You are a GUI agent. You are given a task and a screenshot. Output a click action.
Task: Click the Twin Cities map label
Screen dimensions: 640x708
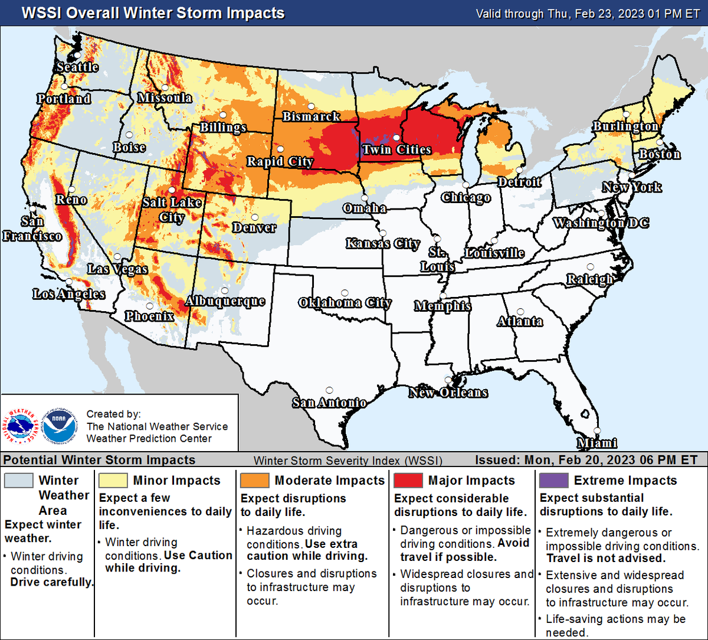point(396,149)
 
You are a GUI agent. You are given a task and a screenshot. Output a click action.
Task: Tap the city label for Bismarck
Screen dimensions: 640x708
point(311,116)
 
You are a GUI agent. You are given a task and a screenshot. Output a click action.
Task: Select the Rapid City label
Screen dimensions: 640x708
point(280,161)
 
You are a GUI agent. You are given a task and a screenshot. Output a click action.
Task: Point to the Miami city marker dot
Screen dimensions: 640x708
point(597,431)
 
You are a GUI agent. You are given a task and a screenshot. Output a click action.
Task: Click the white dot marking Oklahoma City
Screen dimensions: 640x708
point(345,292)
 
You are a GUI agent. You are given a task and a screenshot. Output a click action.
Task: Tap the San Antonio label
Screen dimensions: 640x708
point(329,403)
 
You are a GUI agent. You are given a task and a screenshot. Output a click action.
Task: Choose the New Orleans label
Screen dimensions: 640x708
point(448,393)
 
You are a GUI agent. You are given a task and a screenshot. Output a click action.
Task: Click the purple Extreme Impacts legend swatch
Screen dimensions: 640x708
point(553,480)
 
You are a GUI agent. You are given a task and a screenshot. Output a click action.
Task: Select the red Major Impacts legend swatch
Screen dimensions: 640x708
point(408,480)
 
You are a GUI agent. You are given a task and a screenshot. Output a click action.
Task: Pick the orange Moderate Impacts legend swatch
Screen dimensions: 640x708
point(255,480)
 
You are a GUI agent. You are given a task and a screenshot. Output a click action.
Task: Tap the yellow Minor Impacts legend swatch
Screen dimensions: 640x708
point(113,480)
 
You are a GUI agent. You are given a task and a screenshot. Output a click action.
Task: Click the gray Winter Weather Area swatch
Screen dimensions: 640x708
point(19,480)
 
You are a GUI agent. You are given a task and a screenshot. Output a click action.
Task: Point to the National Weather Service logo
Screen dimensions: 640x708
point(22,426)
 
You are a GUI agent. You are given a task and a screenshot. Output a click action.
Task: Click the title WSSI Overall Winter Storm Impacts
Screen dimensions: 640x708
point(153,13)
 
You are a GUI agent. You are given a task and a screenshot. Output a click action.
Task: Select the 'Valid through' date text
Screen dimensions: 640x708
point(588,14)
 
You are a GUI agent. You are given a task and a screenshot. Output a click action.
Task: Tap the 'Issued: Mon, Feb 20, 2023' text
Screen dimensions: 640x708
point(586,460)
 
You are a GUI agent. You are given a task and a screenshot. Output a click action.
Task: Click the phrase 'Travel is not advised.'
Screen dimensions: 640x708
point(606,558)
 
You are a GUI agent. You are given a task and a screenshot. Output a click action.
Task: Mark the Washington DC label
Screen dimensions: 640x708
point(601,223)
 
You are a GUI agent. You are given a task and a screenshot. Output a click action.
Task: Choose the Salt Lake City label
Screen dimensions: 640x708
point(172,210)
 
